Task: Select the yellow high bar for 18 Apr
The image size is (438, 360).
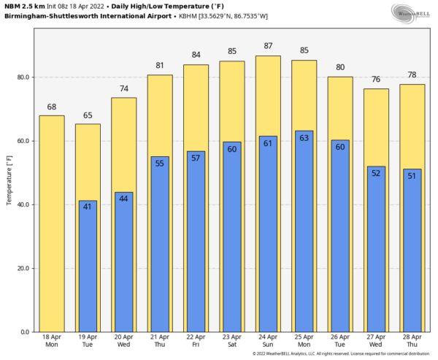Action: (51, 223)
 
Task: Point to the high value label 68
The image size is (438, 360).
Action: (51, 107)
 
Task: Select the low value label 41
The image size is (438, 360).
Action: (87, 207)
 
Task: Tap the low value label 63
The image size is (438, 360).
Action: (304, 137)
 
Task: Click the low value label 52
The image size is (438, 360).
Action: (376, 173)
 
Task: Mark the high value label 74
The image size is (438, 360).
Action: (123, 88)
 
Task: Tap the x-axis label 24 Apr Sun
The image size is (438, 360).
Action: (268, 341)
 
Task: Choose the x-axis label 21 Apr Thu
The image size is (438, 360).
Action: (160, 341)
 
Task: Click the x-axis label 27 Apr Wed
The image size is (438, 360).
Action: (376, 341)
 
